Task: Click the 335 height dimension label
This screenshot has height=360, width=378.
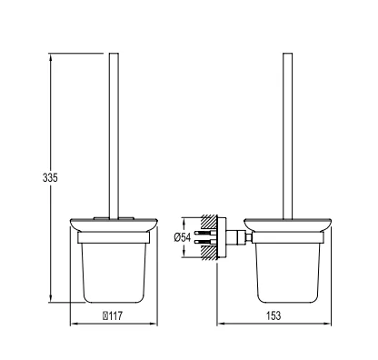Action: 50,177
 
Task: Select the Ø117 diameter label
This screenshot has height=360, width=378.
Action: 113,316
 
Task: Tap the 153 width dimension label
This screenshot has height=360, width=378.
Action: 274,315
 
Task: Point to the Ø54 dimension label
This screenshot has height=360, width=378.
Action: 183,237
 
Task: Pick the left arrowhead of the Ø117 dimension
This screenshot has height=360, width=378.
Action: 75,324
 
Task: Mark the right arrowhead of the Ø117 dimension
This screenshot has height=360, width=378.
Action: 153,324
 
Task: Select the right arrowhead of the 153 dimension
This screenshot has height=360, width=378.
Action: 326,324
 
